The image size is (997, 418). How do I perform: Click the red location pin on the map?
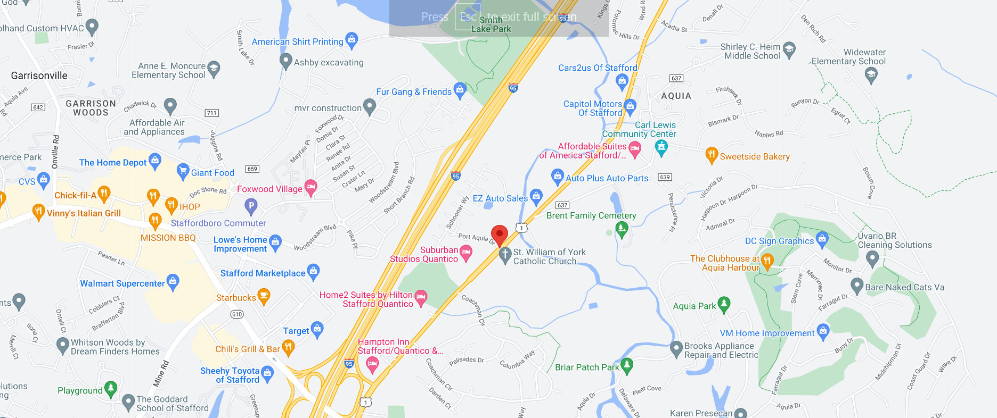pos(499,234)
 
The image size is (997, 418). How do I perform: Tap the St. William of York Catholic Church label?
pos(549,257)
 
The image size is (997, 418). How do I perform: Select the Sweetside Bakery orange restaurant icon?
pos(712,155)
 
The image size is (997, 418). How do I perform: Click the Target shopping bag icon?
pos(317,329)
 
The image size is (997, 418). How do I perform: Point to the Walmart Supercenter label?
pos(122,283)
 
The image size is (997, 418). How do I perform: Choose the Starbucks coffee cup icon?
pos(264,295)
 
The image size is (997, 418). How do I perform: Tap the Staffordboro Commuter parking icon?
pos(251,205)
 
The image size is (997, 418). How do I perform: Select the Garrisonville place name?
pos(39,76)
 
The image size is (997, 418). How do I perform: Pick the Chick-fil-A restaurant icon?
pos(104,194)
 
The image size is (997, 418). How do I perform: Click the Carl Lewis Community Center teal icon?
pos(661,147)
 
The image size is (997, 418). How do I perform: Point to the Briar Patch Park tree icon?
pos(627,365)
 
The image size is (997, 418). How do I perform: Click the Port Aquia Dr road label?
pos(477,238)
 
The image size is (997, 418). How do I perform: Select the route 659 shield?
pos(252,169)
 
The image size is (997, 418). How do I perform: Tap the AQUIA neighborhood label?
pos(676,96)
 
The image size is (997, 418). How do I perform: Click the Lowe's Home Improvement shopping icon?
pos(275,242)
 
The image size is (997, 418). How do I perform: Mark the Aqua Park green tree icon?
pos(723,304)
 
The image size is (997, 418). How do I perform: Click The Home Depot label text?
pos(112,163)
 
